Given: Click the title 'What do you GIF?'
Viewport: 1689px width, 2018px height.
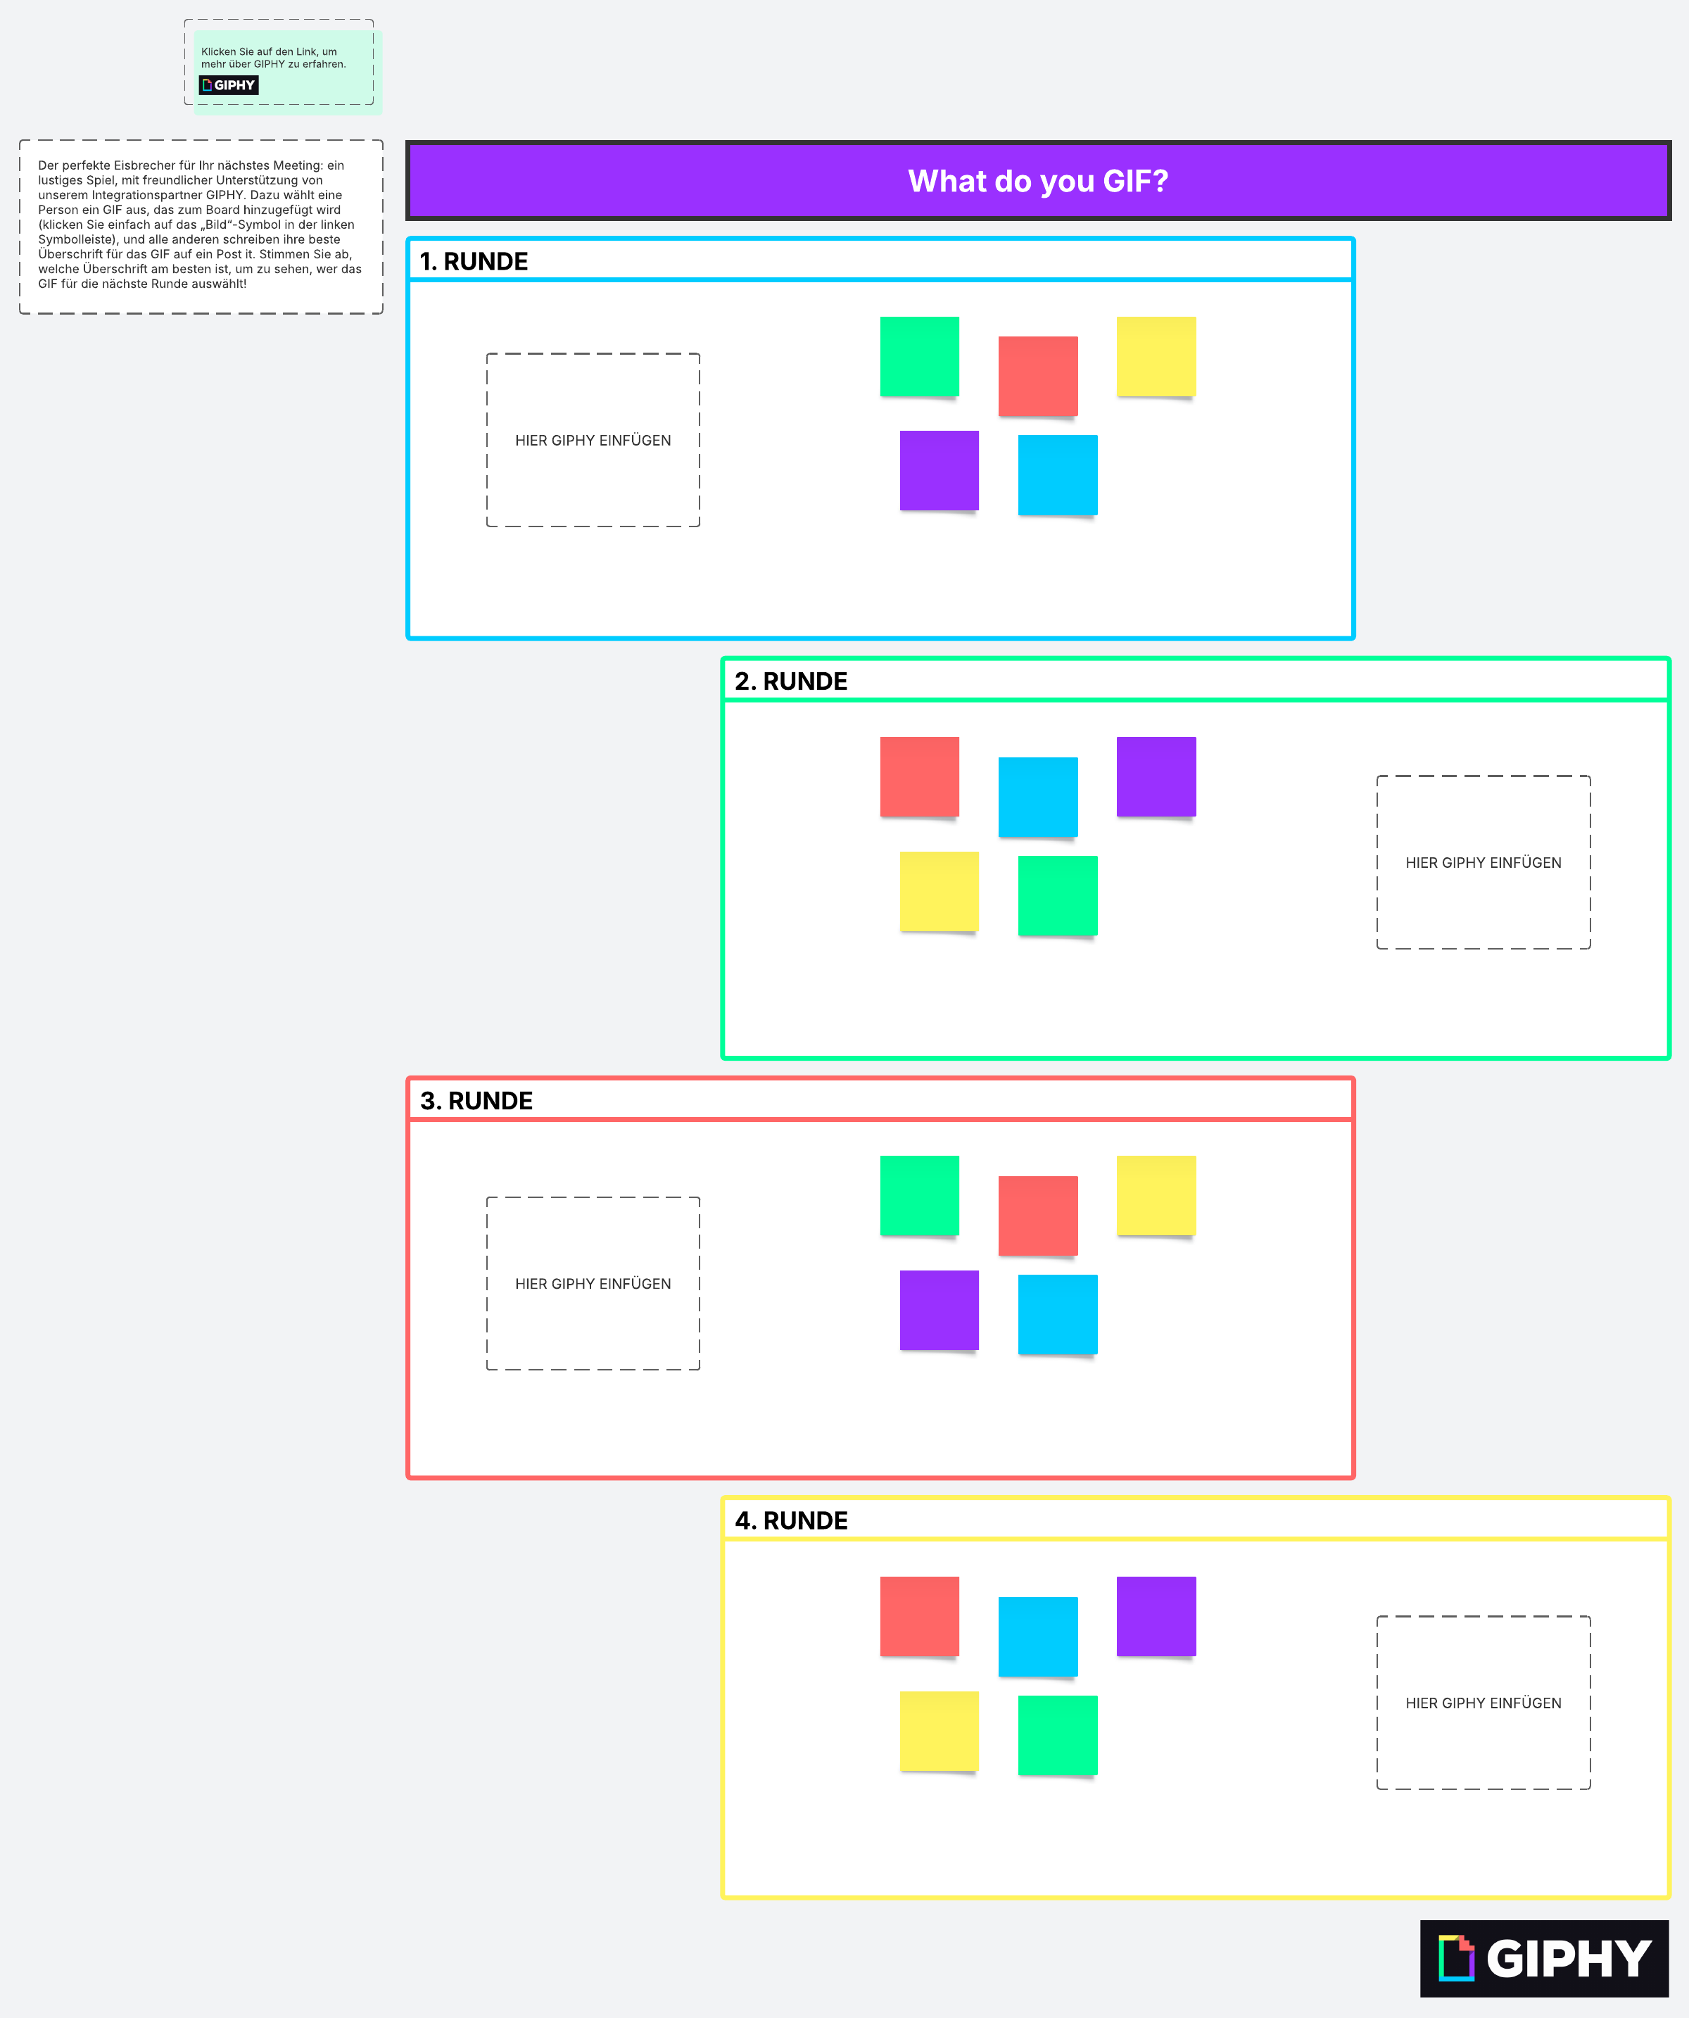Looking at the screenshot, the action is [x=1037, y=181].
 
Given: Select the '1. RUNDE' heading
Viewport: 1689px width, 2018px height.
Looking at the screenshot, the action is [x=474, y=261].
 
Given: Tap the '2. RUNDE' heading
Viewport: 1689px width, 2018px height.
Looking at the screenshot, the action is [x=791, y=681].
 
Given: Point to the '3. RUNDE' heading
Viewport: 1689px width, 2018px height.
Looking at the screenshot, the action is [x=476, y=1100].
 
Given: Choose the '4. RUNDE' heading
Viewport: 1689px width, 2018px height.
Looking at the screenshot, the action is [x=791, y=1520].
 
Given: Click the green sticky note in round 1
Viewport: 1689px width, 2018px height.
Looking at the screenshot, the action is [x=919, y=357].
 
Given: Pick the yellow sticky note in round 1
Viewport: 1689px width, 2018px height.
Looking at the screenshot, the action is [x=1156, y=357].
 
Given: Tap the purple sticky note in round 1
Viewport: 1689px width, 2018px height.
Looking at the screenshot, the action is [x=939, y=471].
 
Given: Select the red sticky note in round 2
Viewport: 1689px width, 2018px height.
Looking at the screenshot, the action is [x=919, y=776].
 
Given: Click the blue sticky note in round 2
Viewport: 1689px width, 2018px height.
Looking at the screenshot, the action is [x=1037, y=797].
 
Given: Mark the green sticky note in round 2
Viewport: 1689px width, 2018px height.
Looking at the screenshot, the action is [x=1057, y=895].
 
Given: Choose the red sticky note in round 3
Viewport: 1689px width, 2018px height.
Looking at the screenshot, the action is [x=1037, y=1216].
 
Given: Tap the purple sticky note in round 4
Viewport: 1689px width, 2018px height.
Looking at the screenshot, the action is [x=1156, y=1616].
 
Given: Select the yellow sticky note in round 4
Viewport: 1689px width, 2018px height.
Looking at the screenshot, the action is [x=939, y=1732].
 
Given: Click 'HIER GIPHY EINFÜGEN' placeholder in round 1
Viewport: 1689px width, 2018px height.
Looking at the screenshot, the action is [x=593, y=440].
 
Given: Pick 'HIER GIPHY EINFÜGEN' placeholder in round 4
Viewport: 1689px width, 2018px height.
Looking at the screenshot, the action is [x=1484, y=1703].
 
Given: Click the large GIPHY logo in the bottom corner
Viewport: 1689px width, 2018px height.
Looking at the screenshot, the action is [x=1544, y=1957].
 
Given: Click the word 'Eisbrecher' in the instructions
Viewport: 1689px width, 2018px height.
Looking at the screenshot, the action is [x=145, y=165].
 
